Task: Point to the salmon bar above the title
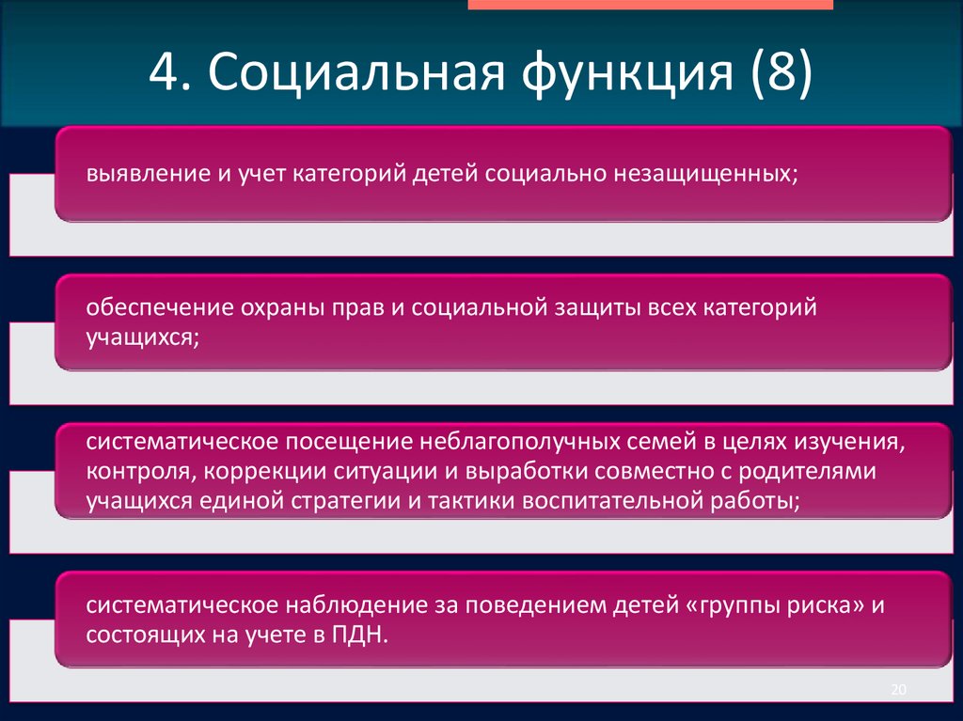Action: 650,5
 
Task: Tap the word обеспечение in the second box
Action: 150,308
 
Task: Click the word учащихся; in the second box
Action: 142,336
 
